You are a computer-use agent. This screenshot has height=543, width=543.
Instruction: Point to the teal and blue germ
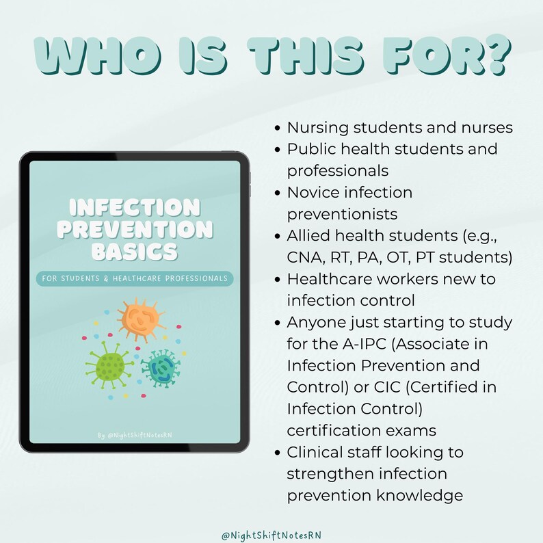[x=162, y=368]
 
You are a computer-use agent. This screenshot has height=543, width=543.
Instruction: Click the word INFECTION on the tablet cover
[x=135, y=207]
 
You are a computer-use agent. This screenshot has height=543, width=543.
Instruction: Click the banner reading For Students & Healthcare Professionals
[x=135, y=278]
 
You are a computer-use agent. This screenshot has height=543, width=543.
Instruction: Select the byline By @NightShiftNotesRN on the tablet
[x=135, y=435]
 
